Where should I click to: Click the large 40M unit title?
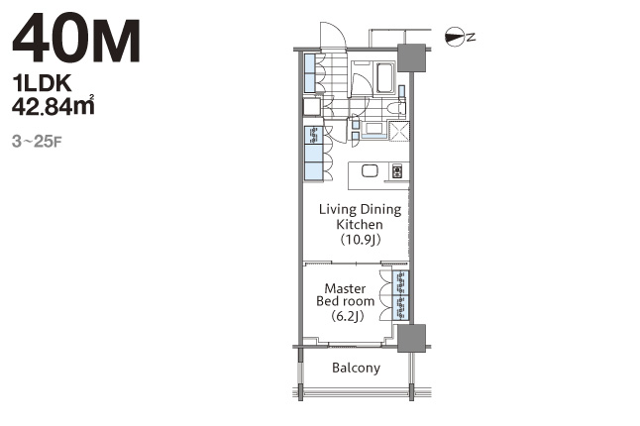pyautogui.click(x=76, y=38)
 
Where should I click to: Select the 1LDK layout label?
pyautogui.click(x=42, y=83)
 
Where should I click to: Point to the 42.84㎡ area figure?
pyautogui.click(x=53, y=105)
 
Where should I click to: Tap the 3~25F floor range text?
pyautogui.click(x=37, y=142)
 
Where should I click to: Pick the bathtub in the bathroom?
pyautogui.click(x=384, y=77)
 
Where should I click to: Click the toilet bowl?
pyautogui.click(x=395, y=109)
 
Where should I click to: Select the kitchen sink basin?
pyautogui.click(x=370, y=170)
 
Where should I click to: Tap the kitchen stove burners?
pyautogui.click(x=397, y=170)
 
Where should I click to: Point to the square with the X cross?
pyautogui.click(x=399, y=131)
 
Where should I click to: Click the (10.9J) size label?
pyautogui.click(x=360, y=239)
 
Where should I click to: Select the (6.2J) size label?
pyautogui.click(x=347, y=316)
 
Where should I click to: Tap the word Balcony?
pyautogui.click(x=356, y=369)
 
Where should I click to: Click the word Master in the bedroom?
pyautogui.click(x=345, y=288)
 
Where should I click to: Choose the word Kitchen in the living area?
pyautogui.click(x=360, y=224)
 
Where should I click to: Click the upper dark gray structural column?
pyautogui.click(x=412, y=57)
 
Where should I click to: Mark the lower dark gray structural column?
pyautogui.click(x=412, y=338)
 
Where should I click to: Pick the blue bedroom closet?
pyautogui.click(x=400, y=295)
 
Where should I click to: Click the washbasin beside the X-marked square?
pyautogui.click(x=373, y=129)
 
